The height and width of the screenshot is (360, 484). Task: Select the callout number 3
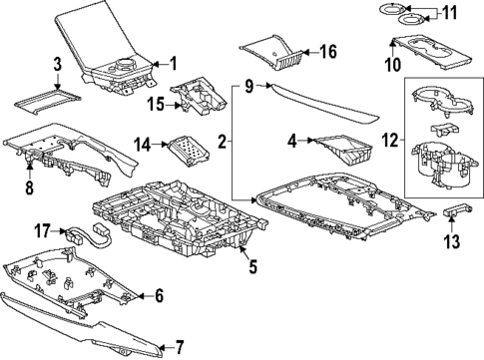pos(58,66)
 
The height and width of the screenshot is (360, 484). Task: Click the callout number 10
pos(393,65)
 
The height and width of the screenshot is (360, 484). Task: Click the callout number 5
pos(252,265)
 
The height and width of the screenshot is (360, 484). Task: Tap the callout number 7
pos(180,347)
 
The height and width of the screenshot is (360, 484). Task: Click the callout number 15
pos(155,105)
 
